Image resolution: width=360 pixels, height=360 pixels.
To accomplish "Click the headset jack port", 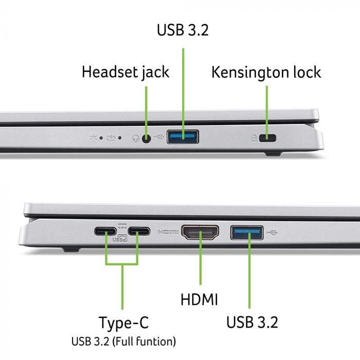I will click(147, 138).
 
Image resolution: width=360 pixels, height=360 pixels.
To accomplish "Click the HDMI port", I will click(200, 233).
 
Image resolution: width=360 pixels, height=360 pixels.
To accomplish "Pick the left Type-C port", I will click(106, 232).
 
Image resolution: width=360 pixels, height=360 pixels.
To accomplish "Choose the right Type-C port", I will click(138, 232).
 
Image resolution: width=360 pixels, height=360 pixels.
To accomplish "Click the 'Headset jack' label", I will click(125, 71).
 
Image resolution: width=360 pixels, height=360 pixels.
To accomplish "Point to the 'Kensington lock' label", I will click(266, 71).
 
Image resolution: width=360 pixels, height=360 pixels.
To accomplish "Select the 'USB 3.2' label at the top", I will click(183, 29).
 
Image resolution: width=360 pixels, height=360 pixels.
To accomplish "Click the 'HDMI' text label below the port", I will click(199, 299).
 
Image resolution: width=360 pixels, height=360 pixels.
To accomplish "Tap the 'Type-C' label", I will click(123, 323).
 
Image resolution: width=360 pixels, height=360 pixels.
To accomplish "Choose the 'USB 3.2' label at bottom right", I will click(252, 322).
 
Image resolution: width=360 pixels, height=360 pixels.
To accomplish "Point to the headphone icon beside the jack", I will click(135, 138).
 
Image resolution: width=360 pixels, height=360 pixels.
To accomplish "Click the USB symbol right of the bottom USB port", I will click(272, 233).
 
